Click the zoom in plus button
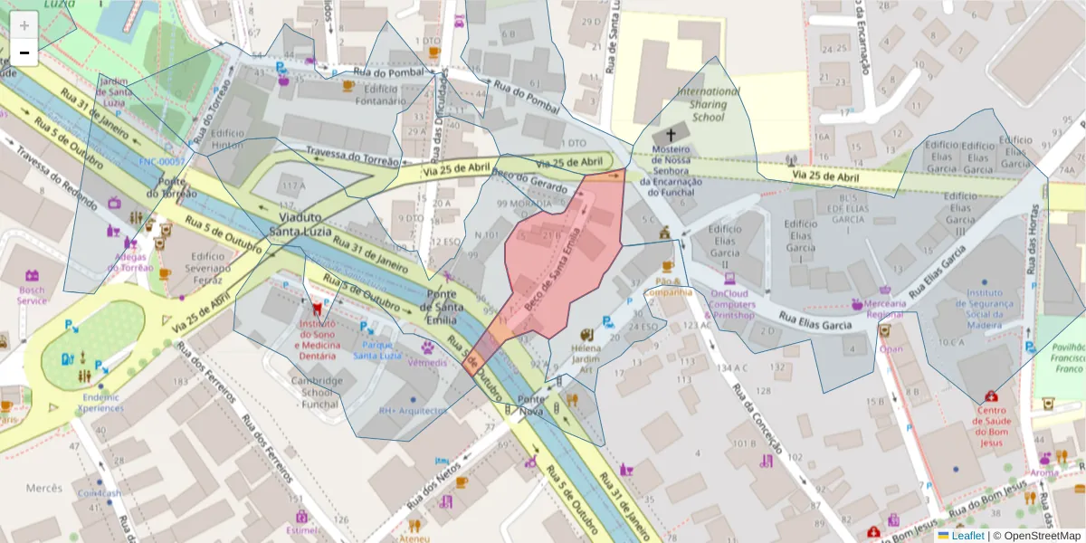tap(24, 24)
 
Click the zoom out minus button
tap(24, 52)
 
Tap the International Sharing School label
tap(708, 104)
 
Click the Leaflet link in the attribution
tap(967, 536)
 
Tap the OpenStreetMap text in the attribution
tap(1038, 536)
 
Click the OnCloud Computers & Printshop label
tap(732, 304)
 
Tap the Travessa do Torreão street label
tap(352, 157)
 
